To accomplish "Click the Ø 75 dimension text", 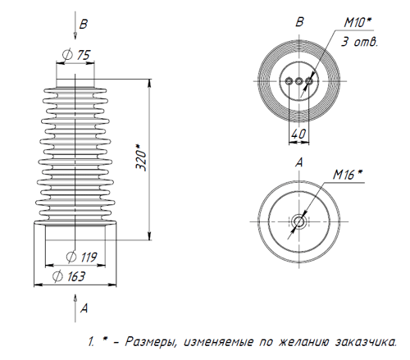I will coord(75,55).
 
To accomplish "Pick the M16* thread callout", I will coord(348,174).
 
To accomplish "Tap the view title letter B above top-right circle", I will coord(299,21).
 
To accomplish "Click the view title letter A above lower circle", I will coord(299,163).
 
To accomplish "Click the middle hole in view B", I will coord(299,80).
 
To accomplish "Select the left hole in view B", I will coord(289,80).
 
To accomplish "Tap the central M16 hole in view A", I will coord(299,221).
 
